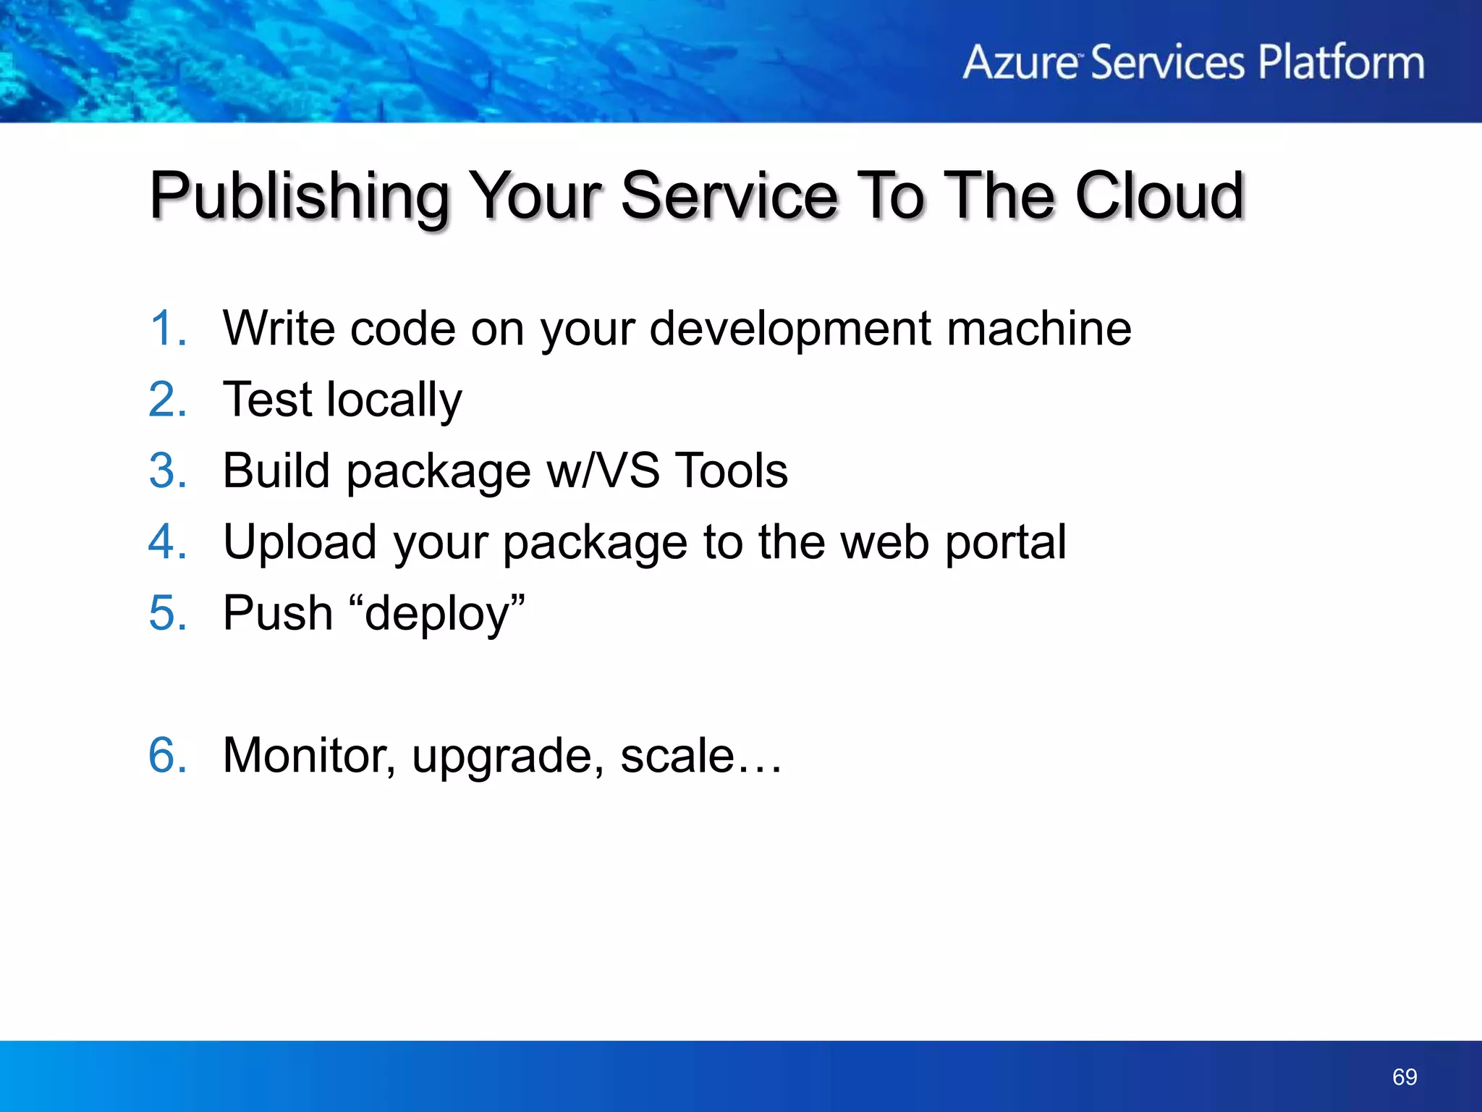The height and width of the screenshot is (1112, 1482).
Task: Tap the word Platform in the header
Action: pos(1341,62)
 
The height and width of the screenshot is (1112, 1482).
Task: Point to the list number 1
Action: pos(166,329)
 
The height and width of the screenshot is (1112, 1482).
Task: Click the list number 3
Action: pos(167,471)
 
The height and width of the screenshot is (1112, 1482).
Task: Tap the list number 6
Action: pos(167,755)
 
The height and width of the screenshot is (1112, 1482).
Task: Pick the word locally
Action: pos(394,400)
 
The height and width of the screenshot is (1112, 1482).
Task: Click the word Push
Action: pos(278,613)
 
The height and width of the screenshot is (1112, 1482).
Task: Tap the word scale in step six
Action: pos(677,755)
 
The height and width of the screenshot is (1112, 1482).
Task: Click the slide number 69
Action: pos(1404,1077)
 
